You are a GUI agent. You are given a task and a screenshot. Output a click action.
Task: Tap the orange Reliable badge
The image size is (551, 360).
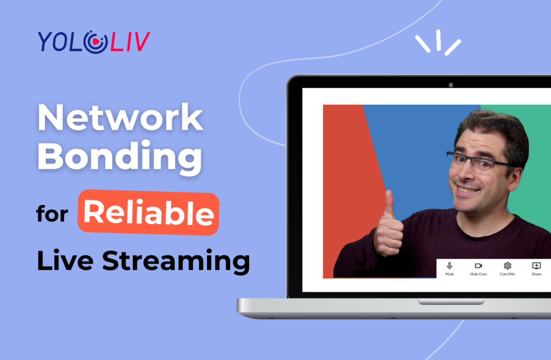[x=148, y=213]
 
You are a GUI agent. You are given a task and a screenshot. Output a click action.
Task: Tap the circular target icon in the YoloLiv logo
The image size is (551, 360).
[x=95, y=42]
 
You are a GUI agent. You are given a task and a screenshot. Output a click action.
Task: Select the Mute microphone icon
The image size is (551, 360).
[x=449, y=266]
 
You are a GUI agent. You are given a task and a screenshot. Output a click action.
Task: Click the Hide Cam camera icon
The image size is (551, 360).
[x=478, y=266]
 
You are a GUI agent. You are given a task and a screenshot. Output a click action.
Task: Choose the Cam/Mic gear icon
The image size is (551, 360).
[x=507, y=266]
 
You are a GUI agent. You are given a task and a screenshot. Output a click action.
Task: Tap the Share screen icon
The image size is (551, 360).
[x=536, y=266]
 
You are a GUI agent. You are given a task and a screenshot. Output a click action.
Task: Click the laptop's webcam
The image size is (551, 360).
[x=451, y=85]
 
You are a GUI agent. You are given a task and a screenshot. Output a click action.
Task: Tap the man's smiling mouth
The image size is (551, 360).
[x=468, y=189]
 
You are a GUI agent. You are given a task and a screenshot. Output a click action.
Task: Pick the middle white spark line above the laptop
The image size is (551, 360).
[x=438, y=40]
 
